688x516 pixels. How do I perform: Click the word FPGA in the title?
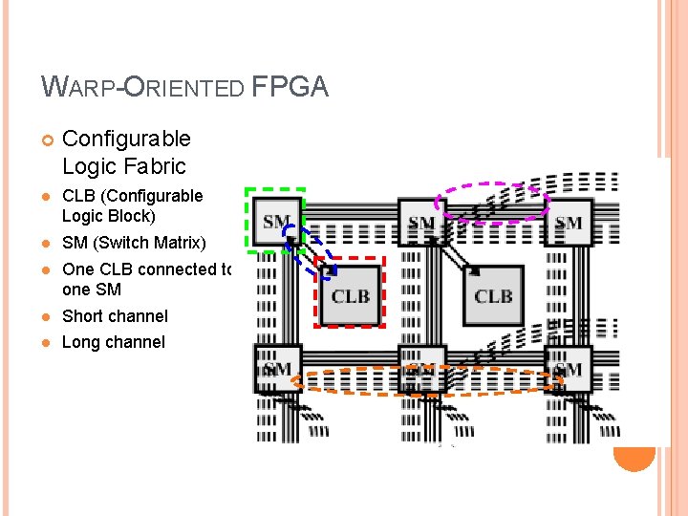(290, 88)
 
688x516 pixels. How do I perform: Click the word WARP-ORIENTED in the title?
(144, 89)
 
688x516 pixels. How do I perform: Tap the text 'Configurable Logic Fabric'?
(124, 152)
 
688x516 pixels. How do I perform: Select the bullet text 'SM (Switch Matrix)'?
(133, 243)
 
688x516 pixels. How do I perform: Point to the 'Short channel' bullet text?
(115, 316)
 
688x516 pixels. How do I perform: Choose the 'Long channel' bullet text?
(113, 342)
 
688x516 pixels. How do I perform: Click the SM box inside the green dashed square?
(276, 222)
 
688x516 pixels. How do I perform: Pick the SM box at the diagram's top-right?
(568, 224)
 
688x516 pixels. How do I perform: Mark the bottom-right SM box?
(568, 370)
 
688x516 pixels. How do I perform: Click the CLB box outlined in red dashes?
(351, 296)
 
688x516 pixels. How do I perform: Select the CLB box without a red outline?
(493, 296)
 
